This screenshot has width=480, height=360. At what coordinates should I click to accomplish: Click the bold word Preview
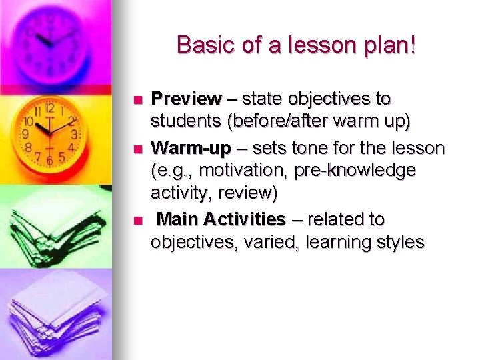click(186, 100)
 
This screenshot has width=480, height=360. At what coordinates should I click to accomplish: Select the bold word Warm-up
click(191, 148)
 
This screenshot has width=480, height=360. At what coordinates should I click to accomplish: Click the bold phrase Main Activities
click(221, 219)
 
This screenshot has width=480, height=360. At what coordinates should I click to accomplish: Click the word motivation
click(247, 171)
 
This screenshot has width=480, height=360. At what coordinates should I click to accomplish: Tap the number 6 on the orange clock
click(49, 161)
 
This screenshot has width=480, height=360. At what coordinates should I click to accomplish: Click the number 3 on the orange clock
click(75, 135)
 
